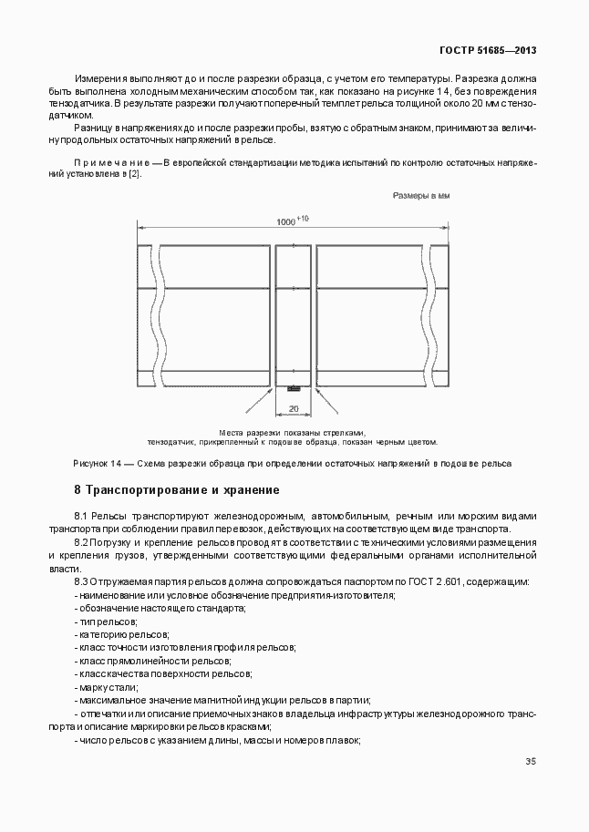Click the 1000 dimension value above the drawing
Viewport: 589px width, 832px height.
[287, 222]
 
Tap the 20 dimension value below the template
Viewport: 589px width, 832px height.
[294, 408]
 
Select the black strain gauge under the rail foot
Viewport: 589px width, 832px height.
[294, 389]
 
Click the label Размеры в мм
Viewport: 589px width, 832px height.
[421, 196]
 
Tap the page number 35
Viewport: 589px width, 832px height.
[531, 762]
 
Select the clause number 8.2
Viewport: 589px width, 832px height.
[80, 542]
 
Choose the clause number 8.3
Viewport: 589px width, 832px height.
[80, 581]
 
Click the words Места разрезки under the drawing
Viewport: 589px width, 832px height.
[243, 432]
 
